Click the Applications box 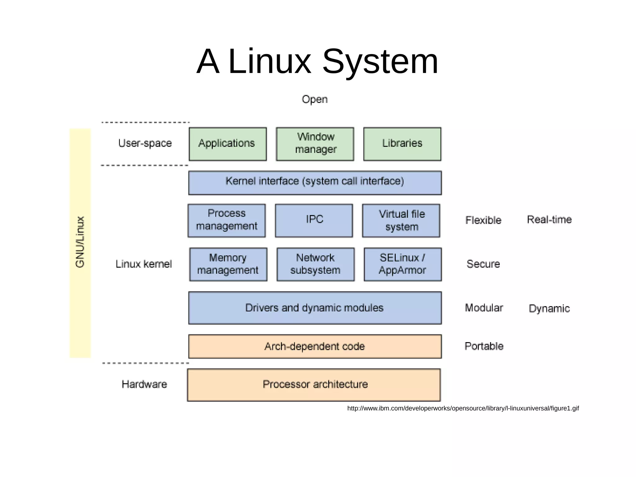coord(228,144)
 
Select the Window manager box coord(315,144)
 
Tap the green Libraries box coord(402,144)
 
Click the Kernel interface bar coord(315,183)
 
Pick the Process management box coord(227,220)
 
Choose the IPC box coord(314,220)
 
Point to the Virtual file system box coord(401,220)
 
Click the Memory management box coord(228,264)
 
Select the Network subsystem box coord(316,264)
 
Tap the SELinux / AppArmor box coord(402,264)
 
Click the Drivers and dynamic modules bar coord(315,308)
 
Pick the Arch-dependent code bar coord(315,346)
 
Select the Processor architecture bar coord(314,385)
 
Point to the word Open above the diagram coord(315,99)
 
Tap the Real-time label coord(549,220)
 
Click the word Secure coord(483,264)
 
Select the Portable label coord(484,346)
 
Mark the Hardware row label coord(144,384)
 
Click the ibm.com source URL coord(463,408)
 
